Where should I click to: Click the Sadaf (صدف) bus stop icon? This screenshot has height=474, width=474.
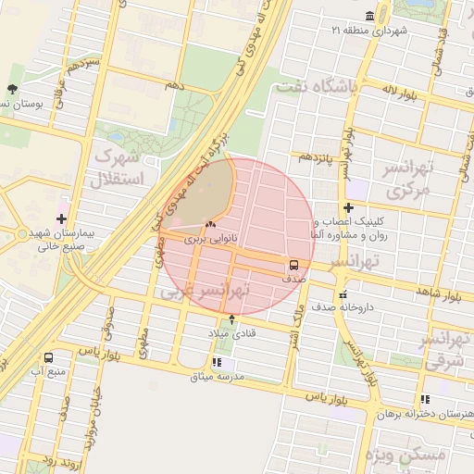(293, 264)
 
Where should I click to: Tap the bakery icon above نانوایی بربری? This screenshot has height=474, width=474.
(210, 224)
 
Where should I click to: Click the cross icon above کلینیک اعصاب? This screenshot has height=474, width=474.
(348, 208)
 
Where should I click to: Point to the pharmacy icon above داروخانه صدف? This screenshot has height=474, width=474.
(343, 293)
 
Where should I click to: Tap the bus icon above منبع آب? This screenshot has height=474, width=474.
(48, 357)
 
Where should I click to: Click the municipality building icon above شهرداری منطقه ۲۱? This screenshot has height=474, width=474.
(370, 17)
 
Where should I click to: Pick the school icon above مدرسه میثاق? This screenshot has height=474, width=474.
(217, 362)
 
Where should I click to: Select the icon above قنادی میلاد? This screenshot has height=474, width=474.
(231, 319)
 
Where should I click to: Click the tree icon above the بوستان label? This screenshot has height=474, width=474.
(11, 89)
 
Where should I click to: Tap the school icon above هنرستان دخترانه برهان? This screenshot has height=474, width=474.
(425, 399)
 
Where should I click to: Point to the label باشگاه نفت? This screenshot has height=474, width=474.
(315, 88)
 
